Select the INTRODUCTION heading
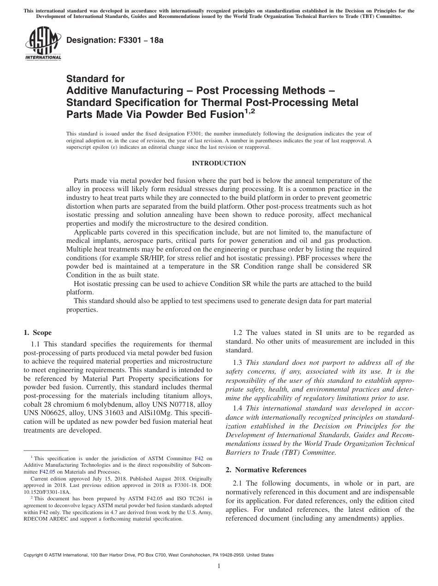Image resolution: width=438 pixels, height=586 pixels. [x=219, y=163]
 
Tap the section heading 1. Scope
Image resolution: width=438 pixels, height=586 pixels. [x=37, y=333]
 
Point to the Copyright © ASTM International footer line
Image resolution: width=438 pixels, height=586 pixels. [x=148, y=555]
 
